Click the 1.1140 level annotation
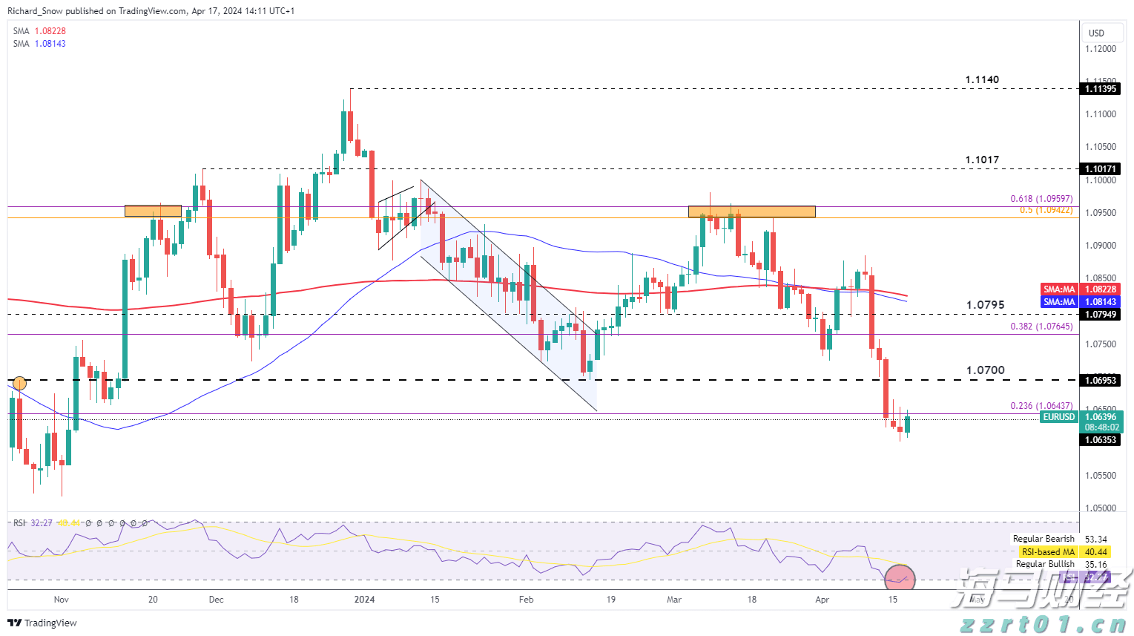point(981,79)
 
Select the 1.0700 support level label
point(985,370)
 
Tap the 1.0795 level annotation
point(985,304)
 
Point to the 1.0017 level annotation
point(981,160)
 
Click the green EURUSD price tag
point(1058,417)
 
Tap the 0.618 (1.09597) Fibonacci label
point(1041,199)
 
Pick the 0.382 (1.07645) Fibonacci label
point(1041,327)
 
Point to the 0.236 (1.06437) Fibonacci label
point(1041,406)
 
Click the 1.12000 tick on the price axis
point(1100,49)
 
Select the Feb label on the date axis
point(526,599)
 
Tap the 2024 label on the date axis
point(364,599)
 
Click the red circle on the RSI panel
point(900,577)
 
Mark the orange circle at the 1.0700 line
point(20,384)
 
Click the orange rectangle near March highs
point(751,212)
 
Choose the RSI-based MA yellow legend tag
point(1048,552)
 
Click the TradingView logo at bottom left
point(42,623)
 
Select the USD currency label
point(1096,33)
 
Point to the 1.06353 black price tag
point(1101,440)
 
